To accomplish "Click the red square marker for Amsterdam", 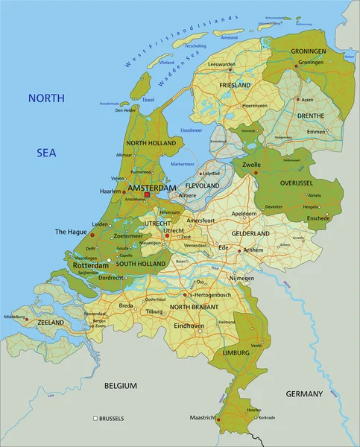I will coord(147,195).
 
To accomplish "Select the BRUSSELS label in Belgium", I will coord(111,418).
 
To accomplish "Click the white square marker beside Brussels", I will coord(95,418).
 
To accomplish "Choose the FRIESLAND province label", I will coord(235,86).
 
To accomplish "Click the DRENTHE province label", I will coord(311,115).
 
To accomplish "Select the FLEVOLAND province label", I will coord(202,186).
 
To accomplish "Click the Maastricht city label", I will coord(203,417).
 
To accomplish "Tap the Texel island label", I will coord(148,99).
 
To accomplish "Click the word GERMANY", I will coord(304,393).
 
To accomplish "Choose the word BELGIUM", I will coord(120,386).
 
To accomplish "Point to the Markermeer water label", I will coord(182,163).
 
